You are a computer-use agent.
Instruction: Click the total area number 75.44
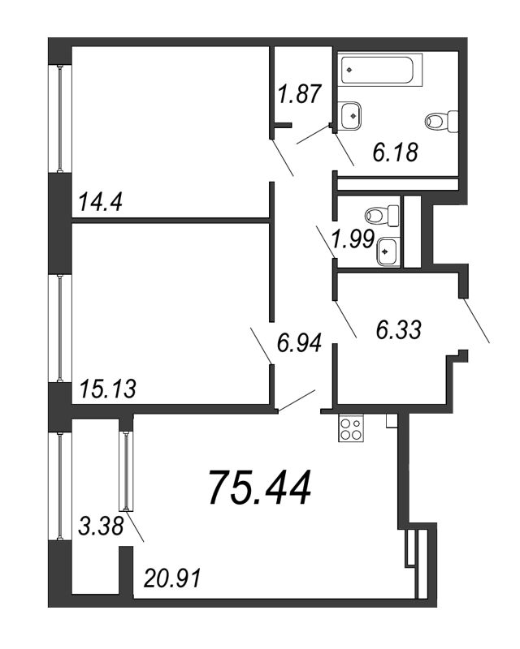(x=261, y=488)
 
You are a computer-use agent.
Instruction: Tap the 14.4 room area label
(x=100, y=202)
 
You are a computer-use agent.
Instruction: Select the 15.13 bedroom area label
(x=107, y=389)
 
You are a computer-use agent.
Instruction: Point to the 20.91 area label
(x=172, y=578)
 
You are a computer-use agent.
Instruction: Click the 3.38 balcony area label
(x=101, y=527)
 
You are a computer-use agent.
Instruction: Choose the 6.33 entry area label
(x=398, y=330)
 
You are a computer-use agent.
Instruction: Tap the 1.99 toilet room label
(x=353, y=239)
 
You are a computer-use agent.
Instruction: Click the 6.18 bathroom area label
(x=395, y=152)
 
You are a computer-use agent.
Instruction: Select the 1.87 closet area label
(x=300, y=93)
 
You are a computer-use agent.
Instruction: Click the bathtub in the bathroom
(x=379, y=70)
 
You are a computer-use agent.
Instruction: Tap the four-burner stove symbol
(x=351, y=428)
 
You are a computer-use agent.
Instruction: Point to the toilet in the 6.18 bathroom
(x=442, y=121)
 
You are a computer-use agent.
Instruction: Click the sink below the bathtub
(x=351, y=116)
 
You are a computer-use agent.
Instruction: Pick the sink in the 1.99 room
(x=388, y=251)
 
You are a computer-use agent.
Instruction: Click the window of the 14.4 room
(x=60, y=118)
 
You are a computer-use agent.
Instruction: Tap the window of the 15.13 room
(x=60, y=328)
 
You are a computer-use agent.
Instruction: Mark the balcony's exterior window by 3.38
(x=60, y=486)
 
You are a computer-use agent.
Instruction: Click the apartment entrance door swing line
(x=476, y=320)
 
